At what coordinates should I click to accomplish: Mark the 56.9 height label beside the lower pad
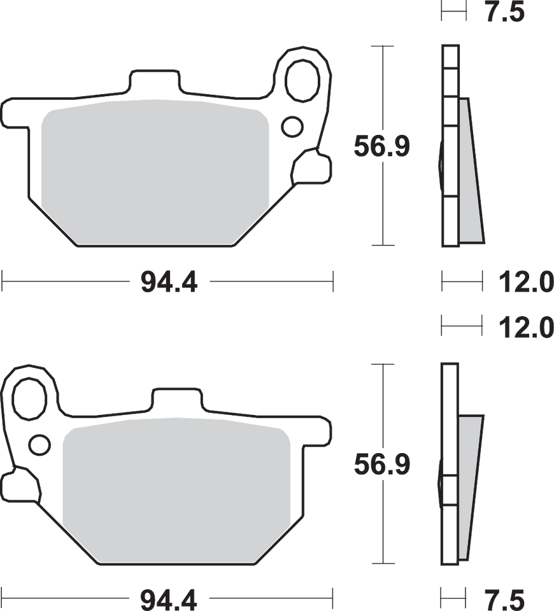(382, 465)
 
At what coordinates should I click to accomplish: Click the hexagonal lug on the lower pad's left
(19, 486)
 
